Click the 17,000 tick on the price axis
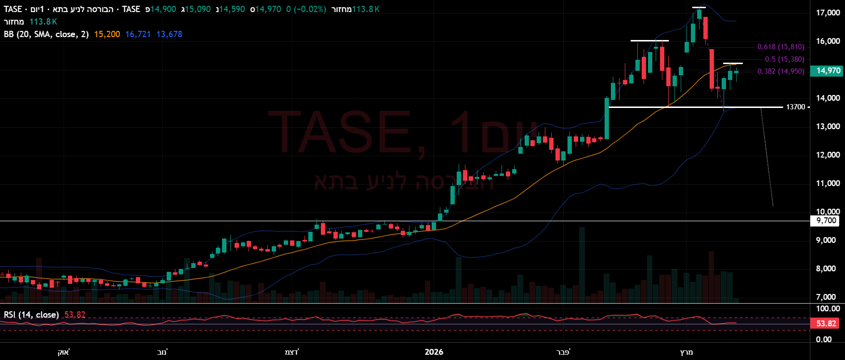828,13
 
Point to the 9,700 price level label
827,221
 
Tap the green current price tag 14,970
828,71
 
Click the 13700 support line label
795,107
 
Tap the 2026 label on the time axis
434,352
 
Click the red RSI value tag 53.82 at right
826,323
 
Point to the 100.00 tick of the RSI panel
828,308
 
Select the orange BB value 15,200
107,34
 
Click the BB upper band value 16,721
138,34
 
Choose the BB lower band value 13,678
169,34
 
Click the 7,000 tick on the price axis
826,297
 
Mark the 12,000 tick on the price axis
828,155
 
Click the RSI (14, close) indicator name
31,315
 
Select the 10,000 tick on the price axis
828,212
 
